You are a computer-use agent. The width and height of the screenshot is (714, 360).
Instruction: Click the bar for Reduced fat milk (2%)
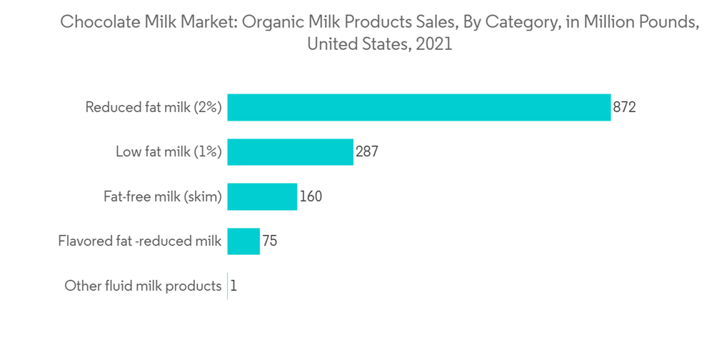coord(419,108)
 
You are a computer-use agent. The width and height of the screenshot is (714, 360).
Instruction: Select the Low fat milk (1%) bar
coord(290,152)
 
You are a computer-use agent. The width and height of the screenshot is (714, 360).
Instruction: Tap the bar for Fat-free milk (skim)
coord(262,196)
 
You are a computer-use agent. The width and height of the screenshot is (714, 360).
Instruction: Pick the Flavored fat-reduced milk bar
coord(243,241)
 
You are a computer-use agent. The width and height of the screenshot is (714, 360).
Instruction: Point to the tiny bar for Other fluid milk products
coord(228,286)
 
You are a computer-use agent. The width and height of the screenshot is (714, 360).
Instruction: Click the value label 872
coord(624,108)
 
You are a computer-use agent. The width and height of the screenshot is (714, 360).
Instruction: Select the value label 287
coord(366,152)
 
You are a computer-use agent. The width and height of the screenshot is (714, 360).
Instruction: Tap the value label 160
coord(311,196)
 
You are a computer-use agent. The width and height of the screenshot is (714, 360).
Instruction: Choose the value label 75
coord(269,241)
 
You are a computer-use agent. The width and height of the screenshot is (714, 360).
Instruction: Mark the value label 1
coord(233,286)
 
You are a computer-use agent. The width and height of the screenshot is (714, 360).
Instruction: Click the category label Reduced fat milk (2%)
coord(154,108)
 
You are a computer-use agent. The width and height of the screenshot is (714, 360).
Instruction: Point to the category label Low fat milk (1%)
coord(169,152)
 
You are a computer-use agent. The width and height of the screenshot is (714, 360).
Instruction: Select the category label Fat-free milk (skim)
coord(163,196)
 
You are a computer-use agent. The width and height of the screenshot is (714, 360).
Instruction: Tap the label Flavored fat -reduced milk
coord(140,241)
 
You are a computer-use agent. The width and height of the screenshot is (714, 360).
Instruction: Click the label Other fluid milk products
coord(143,286)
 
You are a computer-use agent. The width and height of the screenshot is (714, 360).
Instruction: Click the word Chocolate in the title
coord(95,22)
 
